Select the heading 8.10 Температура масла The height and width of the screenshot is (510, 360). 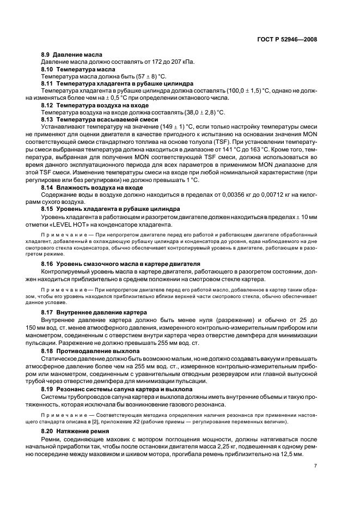78,70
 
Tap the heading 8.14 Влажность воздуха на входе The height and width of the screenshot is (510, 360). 92,187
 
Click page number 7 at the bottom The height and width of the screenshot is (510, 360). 315,466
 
